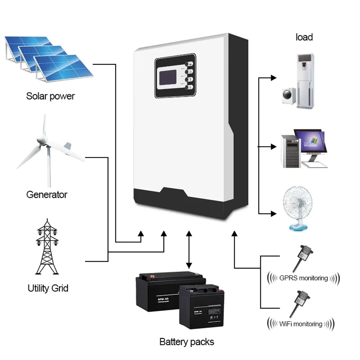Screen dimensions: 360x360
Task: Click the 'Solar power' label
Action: (x=50, y=96)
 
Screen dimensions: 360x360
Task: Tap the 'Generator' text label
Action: (x=47, y=195)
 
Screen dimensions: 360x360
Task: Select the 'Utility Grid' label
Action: (x=48, y=288)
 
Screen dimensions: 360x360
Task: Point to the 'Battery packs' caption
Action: (x=186, y=342)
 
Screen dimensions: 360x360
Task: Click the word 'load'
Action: (x=304, y=37)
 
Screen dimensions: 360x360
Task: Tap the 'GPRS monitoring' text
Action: (x=303, y=278)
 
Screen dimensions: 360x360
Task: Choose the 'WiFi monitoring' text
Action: (x=301, y=324)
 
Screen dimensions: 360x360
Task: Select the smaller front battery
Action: (x=199, y=306)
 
